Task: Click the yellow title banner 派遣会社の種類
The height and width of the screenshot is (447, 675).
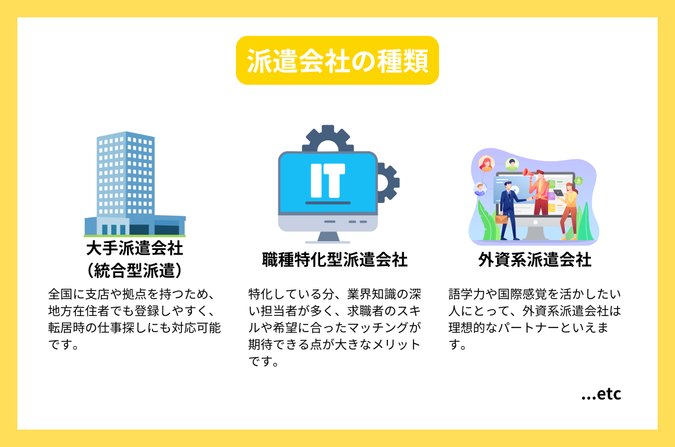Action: click(x=337, y=60)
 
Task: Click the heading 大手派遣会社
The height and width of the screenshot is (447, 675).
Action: click(x=135, y=249)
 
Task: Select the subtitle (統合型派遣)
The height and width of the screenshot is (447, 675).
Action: click(x=135, y=270)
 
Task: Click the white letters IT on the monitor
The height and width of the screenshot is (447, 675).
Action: click(x=328, y=179)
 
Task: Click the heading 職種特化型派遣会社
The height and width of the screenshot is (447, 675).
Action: click(x=335, y=260)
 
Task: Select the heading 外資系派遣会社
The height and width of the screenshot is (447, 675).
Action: click(x=535, y=260)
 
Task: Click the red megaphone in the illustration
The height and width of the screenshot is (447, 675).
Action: click(x=528, y=172)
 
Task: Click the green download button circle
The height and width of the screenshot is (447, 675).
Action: click(x=578, y=180)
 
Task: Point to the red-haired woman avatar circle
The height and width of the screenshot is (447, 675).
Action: click(x=485, y=163)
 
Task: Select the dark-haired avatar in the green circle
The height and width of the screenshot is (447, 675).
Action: click(x=511, y=164)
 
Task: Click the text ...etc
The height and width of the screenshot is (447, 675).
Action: click(x=601, y=394)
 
